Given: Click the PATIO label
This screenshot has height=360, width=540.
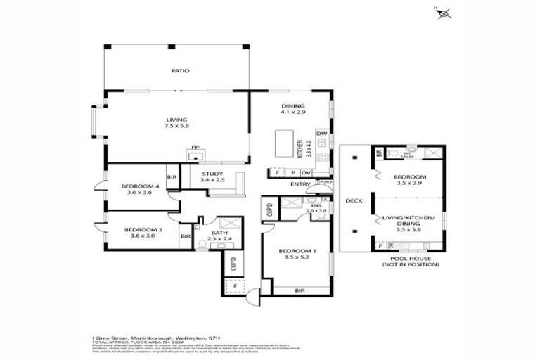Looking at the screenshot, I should (181, 71).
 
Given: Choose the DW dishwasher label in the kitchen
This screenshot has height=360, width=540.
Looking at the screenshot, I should (321, 134).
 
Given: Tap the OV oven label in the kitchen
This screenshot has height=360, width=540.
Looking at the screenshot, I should (306, 172).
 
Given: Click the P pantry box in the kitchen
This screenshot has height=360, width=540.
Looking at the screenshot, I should (291, 172).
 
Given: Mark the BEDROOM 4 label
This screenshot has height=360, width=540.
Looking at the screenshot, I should (139, 186).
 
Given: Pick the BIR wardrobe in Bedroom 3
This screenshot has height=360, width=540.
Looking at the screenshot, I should (186, 237).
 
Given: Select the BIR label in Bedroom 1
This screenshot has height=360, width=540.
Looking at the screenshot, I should (300, 290).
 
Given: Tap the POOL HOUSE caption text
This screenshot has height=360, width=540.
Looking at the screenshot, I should (411, 258).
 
